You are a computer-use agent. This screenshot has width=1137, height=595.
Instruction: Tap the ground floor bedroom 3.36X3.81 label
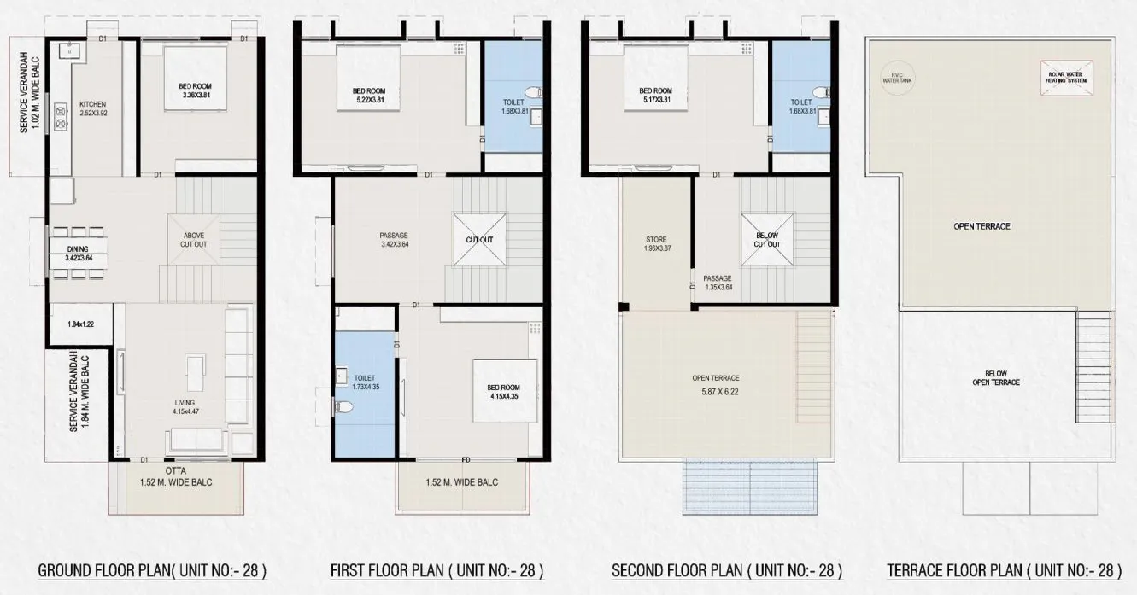(196, 91)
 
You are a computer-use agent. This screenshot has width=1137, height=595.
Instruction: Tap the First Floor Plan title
(437, 569)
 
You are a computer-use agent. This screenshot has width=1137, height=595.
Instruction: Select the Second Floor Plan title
(727, 569)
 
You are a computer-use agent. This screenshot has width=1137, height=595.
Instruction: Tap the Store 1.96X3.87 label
(656, 244)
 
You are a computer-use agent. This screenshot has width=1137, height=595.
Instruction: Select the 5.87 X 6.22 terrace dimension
(716, 394)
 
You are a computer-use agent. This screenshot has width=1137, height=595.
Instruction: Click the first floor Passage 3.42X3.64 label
(393, 240)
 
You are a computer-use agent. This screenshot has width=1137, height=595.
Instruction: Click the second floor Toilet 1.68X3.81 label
(800, 106)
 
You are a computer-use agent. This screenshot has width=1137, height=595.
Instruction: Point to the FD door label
(466, 460)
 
